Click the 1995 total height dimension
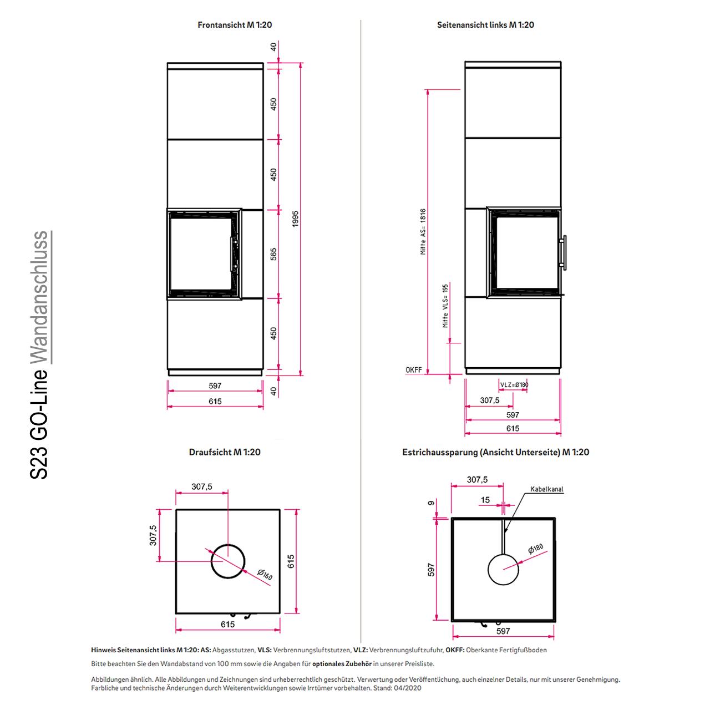tap(295, 219)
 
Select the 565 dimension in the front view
tap(273, 254)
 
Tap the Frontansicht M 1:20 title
tap(235, 25)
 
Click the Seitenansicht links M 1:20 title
tap(485, 25)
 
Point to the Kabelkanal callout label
tap(547, 489)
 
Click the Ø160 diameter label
tap(265, 575)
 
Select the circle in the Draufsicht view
tap(228, 561)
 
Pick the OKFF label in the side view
tap(413, 369)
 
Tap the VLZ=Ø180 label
tap(514, 384)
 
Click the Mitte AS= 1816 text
tap(423, 231)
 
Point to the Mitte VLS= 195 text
tap(445, 306)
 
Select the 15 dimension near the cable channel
tap(485, 500)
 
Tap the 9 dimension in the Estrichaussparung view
tap(431, 503)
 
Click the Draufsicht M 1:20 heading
tap(225, 452)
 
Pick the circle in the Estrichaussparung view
tap(503, 570)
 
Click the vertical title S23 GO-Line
tap(39, 423)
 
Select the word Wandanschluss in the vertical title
tap(39, 297)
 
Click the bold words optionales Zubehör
tap(342, 664)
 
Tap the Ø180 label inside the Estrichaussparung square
tap(535, 549)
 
